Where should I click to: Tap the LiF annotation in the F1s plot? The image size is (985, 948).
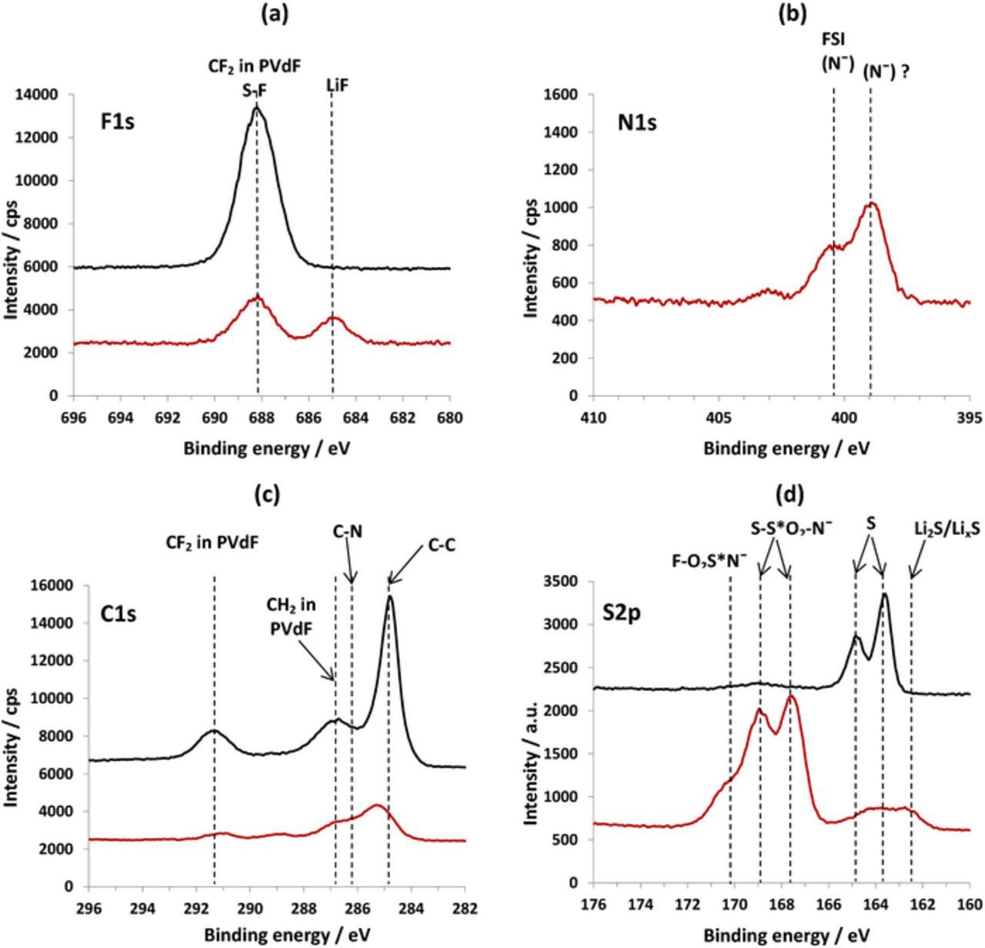pos(336,86)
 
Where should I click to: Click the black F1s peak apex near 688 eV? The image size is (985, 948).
pos(257,107)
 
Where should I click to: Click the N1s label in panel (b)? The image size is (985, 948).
pos(637,122)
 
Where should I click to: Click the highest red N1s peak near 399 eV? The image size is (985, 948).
pos(871,203)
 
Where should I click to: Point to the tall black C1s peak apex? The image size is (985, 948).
pos(390,596)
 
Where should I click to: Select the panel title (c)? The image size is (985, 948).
pos(267,495)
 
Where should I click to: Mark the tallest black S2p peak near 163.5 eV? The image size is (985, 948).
pos(885,594)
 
